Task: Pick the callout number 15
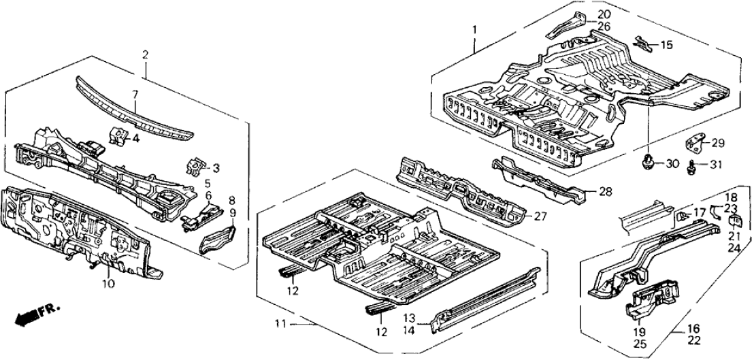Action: click(666, 46)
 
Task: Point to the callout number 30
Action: click(671, 163)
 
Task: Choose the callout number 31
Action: click(717, 163)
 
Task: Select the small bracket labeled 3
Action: click(195, 165)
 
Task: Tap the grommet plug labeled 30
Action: click(649, 162)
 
